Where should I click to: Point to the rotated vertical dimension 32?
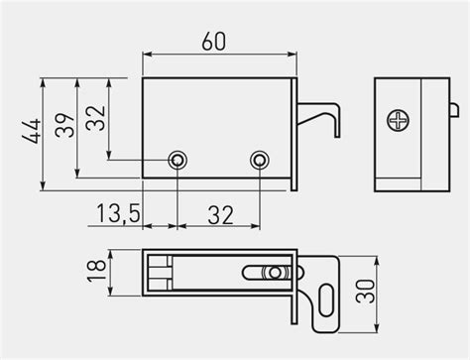click(x=96, y=119)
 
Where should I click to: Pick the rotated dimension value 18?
click(x=96, y=272)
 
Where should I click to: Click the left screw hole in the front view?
click(x=177, y=160)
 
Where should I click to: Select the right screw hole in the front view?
click(x=260, y=160)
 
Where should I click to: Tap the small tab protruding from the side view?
click(x=451, y=107)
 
